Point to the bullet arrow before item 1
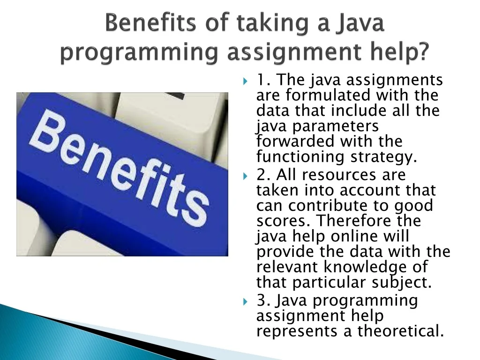(245, 81)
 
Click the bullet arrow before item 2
(245, 176)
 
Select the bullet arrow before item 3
(245, 301)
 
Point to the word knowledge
(366, 267)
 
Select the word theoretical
(401, 331)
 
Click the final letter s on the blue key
(196, 211)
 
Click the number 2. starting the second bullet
(263, 176)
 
